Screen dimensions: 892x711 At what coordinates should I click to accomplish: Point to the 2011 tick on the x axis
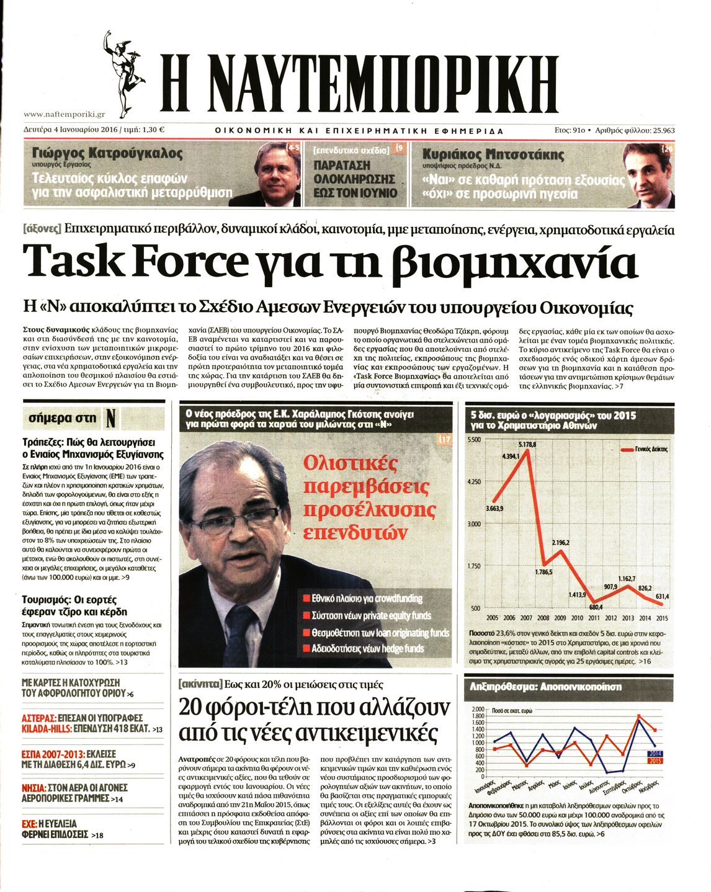click(594, 618)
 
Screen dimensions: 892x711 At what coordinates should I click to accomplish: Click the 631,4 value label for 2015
click(662, 597)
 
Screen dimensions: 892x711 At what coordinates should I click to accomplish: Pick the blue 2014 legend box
click(655, 754)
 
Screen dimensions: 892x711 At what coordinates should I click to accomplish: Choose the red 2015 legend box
click(655, 760)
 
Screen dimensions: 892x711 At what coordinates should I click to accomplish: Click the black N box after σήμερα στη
click(110, 419)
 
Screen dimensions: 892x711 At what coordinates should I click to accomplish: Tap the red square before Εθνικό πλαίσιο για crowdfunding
click(306, 599)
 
